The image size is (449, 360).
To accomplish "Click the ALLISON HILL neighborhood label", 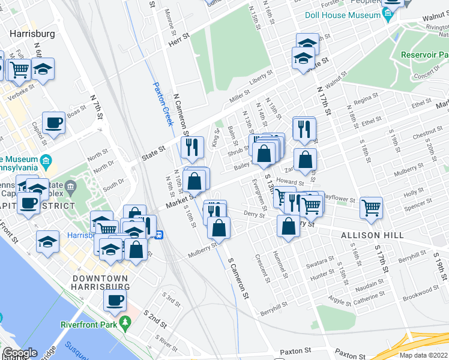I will click(x=372, y=235).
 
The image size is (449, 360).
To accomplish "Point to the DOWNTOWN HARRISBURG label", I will click(x=100, y=283).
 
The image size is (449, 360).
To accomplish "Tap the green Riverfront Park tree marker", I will click(x=125, y=325).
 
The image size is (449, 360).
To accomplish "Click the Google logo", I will click(x=20, y=353).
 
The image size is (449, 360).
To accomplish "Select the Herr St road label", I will click(x=179, y=37).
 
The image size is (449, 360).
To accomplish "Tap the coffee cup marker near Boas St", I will click(x=54, y=123).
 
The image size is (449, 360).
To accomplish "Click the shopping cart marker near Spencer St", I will click(x=372, y=208).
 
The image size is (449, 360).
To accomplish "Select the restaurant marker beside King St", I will click(x=192, y=147).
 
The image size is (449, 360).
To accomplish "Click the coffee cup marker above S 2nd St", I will click(x=114, y=300).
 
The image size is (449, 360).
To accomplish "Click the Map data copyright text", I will click(x=424, y=355).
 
